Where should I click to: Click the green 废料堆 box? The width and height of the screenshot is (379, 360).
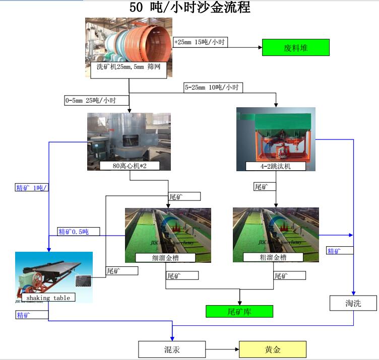tap(295, 47)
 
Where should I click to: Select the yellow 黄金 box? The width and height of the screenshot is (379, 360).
tap(272, 349)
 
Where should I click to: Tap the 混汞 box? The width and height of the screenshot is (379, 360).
tap(172, 349)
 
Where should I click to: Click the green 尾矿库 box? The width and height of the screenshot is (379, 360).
tap(239, 311)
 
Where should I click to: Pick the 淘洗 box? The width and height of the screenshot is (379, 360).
tap(353, 303)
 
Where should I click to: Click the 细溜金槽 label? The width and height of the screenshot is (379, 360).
tap(165, 257)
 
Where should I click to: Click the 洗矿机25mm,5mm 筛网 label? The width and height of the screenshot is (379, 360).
tap(129, 66)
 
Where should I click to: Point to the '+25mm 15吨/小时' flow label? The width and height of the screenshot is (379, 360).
tap(200, 42)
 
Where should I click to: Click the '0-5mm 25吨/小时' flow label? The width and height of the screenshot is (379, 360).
tap(91, 100)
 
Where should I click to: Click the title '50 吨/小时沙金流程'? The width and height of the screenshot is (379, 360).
tap(190, 8)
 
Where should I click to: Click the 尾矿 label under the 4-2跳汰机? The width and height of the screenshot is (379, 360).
tap(262, 187)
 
